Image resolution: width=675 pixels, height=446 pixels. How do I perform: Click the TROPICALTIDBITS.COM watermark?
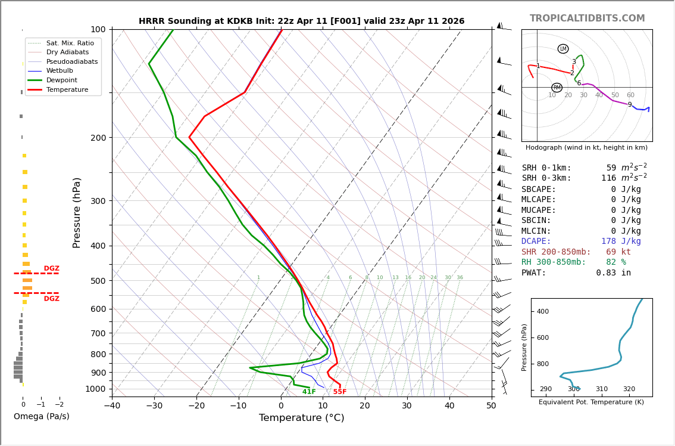(587, 18)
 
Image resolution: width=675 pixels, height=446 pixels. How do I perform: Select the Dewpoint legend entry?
(62, 80)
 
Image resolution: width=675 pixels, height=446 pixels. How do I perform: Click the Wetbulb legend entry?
(60, 71)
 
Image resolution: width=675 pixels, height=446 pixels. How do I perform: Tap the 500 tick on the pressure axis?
(98, 281)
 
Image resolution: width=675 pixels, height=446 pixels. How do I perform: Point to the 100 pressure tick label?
(98, 29)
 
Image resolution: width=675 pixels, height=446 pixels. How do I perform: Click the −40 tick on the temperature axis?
(112, 406)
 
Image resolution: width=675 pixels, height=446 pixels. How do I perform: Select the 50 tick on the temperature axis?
(492, 406)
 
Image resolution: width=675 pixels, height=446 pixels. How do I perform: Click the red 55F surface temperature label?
(340, 392)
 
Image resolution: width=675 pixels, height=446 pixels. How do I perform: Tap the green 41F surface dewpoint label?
(309, 392)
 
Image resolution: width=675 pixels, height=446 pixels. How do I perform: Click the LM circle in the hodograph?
(563, 49)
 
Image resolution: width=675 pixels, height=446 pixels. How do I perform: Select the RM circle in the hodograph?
(557, 88)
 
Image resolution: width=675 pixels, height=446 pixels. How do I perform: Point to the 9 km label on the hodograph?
(630, 104)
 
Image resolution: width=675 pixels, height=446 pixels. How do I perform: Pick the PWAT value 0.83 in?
(614, 272)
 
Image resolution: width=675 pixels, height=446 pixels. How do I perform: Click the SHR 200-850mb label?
(556, 252)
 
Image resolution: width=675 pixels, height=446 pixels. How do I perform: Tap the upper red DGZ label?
(51, 268)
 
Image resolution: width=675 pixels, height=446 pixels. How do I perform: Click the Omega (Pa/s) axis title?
(41, 416)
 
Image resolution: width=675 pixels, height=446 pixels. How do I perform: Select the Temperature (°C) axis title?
(301, 417)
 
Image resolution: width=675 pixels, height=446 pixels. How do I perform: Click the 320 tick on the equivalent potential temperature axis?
(629, 389)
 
